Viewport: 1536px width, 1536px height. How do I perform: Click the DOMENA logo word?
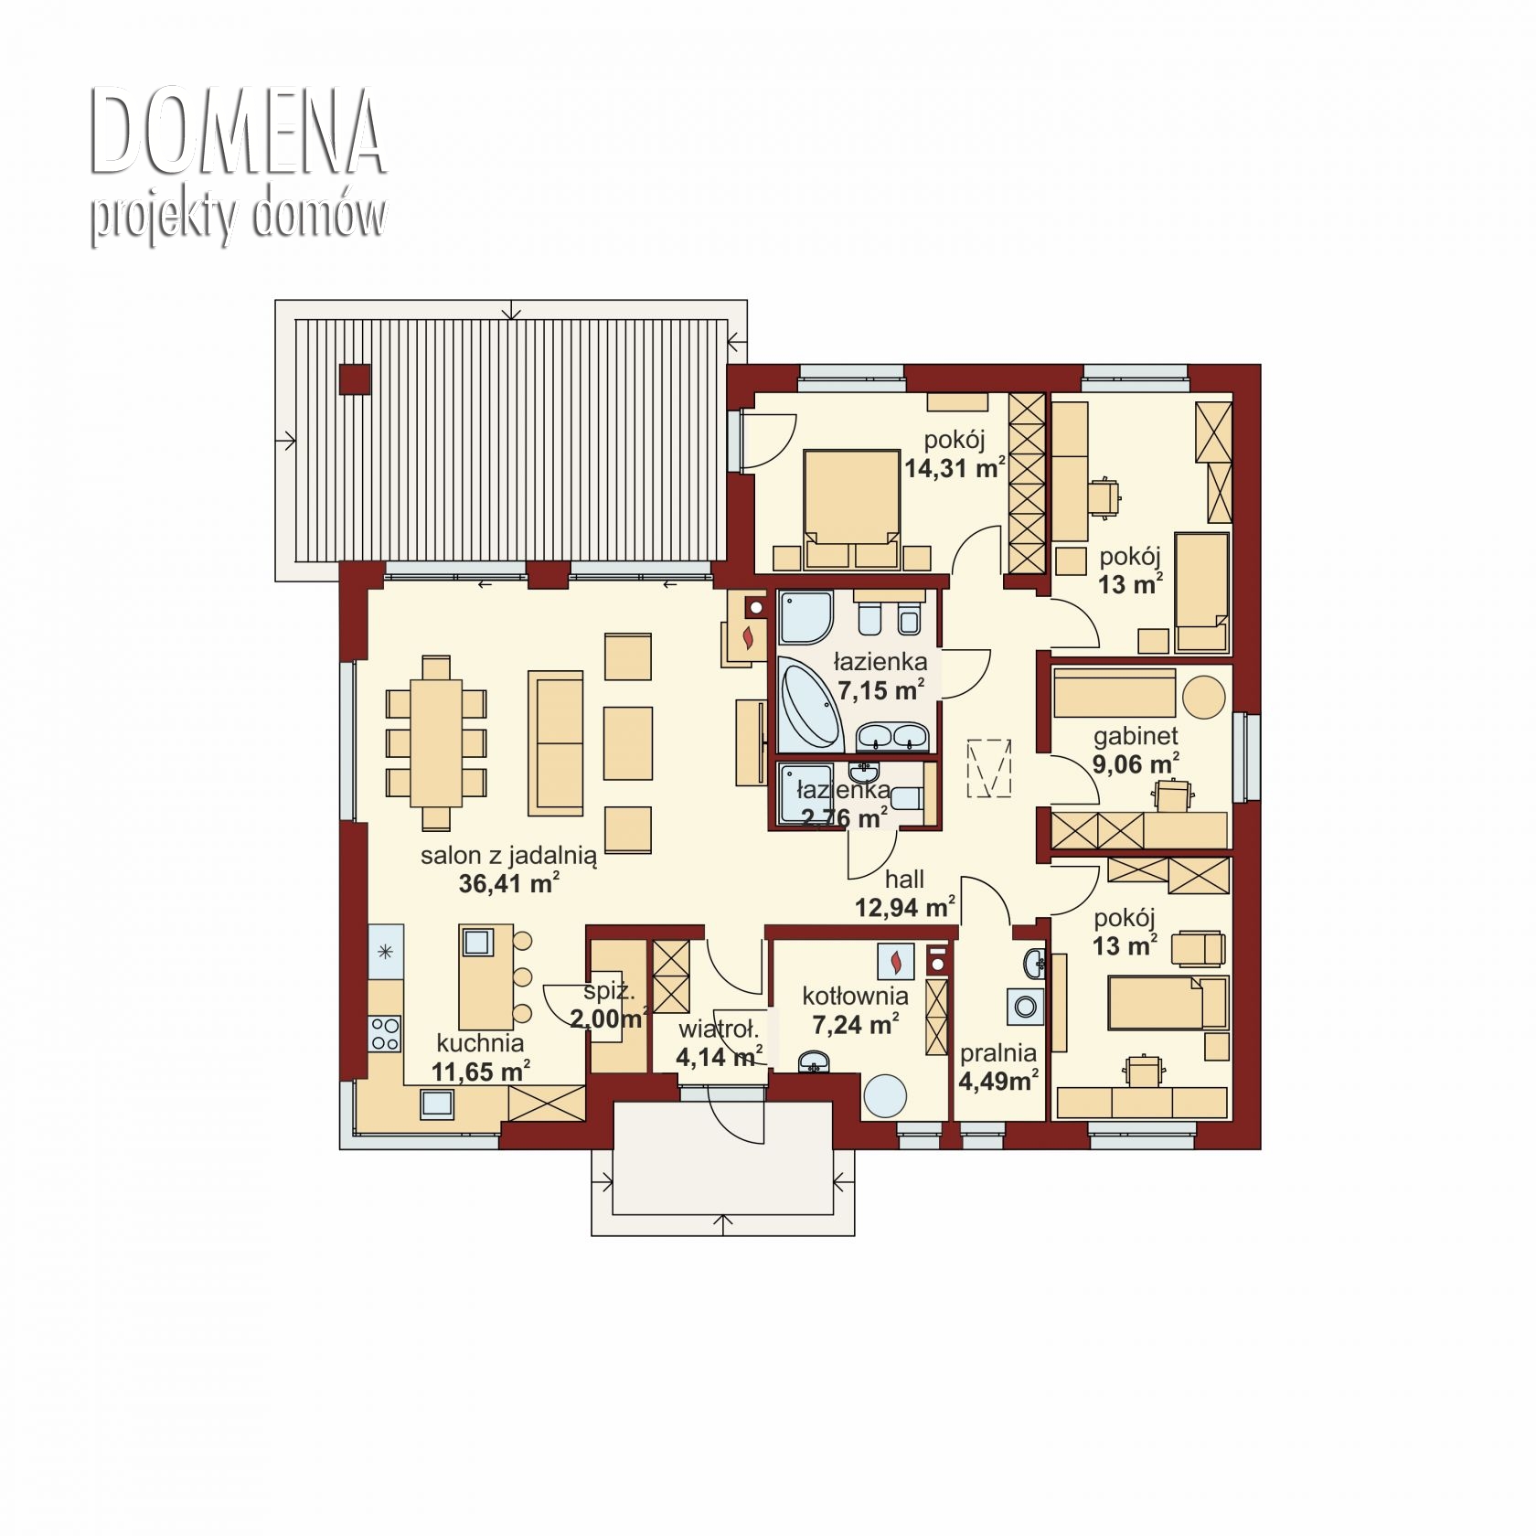[x=237, y=133]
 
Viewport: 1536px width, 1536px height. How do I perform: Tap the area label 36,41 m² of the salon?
[x=508, y=883]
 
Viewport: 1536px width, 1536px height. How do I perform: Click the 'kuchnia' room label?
[x=480, y=1043]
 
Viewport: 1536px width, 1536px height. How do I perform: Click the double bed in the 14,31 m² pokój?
[x=851, y=508]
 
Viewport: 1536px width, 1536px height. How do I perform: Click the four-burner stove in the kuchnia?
[x=385, y=1034]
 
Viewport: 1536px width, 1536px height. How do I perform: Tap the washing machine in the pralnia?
[x=1025, y=1006]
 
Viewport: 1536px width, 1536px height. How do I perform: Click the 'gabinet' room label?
[x=1136, y=736]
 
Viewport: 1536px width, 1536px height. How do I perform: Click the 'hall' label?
[x=904, y=880]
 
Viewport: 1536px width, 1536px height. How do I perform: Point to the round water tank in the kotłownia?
[x=885, y=1095]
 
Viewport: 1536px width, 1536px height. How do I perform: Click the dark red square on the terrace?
[x=355, y=379]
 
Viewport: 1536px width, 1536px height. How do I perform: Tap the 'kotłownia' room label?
[x=856, y=996]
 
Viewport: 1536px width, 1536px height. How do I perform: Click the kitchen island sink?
[x=476, y=941]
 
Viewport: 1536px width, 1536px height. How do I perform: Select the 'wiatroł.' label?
[x=719, y=1029]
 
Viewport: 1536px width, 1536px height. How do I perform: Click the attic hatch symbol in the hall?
[x=989, y=768]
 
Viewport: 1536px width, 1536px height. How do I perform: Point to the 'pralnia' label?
[x=997, y=1053]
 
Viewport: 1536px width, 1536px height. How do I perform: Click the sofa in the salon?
[x=555, y=742]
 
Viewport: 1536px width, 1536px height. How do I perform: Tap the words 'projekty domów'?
[x=238, y=217]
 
